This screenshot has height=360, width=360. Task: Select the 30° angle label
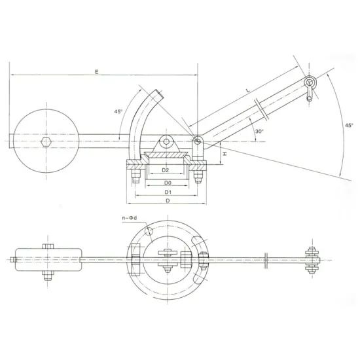coord(259,132)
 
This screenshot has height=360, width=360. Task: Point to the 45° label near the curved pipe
coord(118,112)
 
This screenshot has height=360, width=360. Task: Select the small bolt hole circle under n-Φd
coord(150,230)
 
